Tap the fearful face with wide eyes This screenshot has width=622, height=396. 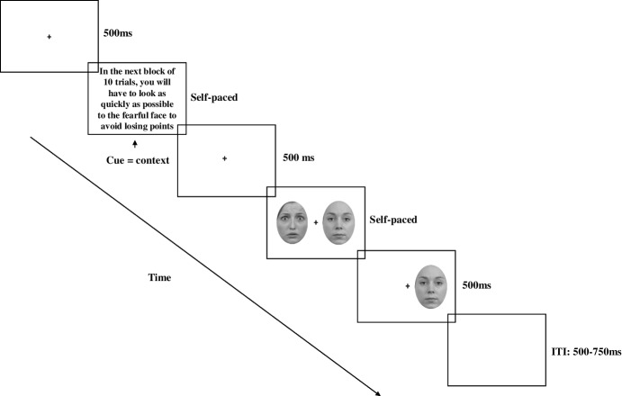(293, 222)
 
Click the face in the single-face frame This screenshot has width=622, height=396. (430, 285)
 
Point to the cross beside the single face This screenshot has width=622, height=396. (407, 285)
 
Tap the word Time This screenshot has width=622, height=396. (159, 277)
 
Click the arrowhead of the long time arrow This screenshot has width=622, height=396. (387, 392)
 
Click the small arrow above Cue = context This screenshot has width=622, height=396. (134, 143)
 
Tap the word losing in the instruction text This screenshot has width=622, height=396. (124, 127)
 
